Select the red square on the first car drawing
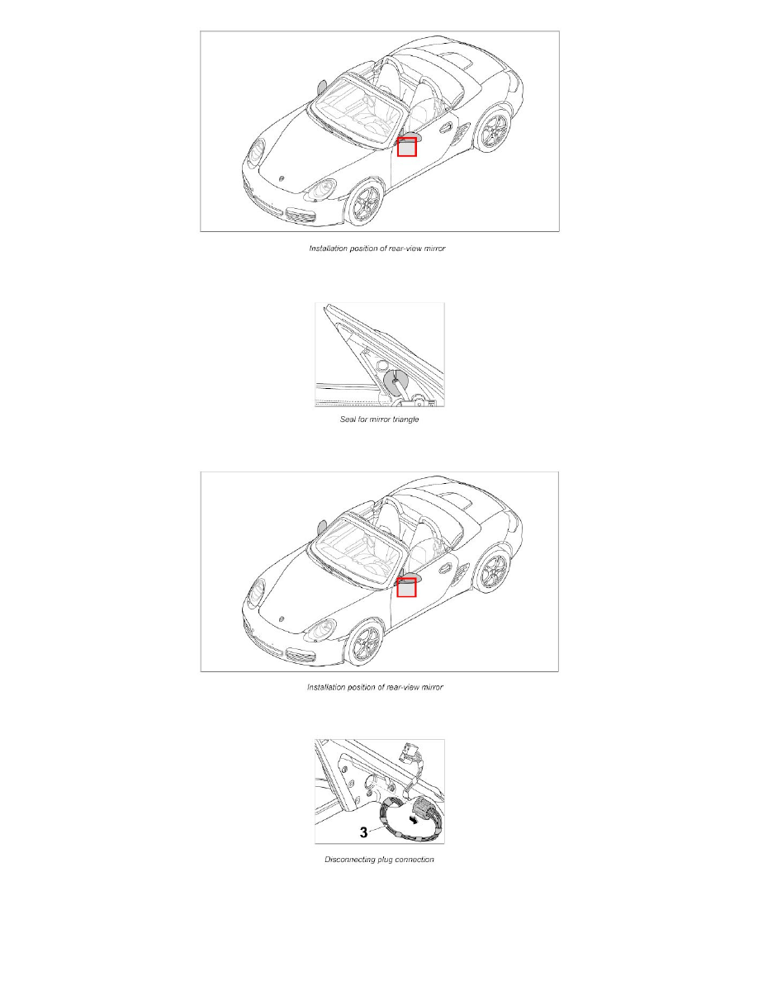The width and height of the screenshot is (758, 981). tap(407, 148)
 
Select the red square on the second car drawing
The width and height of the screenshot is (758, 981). tap(407, 588)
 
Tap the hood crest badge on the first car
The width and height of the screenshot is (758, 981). tap(282, 178)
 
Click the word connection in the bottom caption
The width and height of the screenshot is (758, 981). tap(412, 860)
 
